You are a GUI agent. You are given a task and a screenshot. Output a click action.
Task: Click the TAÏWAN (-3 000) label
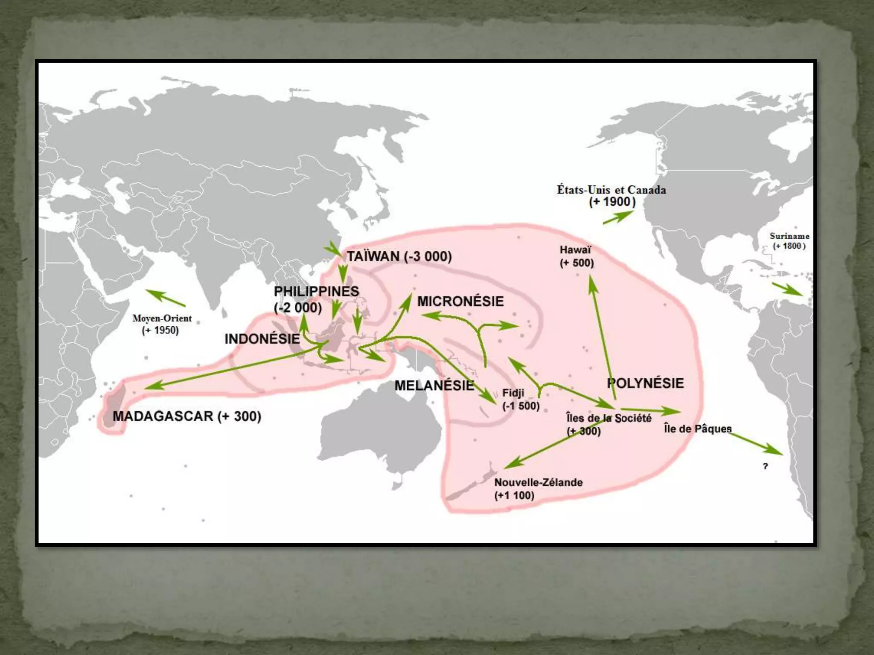click(399, 257)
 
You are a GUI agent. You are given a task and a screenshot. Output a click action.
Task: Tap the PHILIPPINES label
click(316, 292)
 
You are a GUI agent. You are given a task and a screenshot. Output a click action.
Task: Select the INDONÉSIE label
click(262, 339)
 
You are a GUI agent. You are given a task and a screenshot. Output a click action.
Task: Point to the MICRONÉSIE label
click(460, 301)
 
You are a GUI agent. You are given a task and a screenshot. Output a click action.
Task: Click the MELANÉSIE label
click(434, 385)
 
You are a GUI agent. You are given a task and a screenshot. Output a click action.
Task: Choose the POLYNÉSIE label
click(645, 383)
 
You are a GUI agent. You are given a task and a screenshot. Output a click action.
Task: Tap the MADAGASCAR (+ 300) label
click(186, 416)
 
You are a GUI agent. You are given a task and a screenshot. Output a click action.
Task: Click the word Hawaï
click(575, 250)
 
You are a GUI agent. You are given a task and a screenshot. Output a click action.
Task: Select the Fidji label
click(513, 393)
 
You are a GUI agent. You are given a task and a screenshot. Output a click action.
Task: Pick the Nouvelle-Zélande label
click(538, 482)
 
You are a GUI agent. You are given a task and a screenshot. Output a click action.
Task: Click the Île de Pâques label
click(697, 429)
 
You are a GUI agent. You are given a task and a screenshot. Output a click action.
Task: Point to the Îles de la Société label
click(609, 418)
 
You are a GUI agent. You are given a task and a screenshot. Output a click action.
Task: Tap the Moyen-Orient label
click(162, 318)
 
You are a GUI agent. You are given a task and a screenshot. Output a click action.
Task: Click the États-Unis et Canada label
click(611, 190)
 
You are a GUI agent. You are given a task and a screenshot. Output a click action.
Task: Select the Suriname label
click(789, 236)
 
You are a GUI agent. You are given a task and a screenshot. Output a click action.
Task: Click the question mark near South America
click(765, 466)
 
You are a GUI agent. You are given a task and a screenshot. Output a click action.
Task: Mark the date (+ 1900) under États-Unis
click(612, 202)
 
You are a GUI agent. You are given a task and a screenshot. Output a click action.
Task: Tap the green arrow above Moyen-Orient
click(165, 298)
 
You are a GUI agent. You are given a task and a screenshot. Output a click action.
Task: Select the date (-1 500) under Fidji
click(521, 406)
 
